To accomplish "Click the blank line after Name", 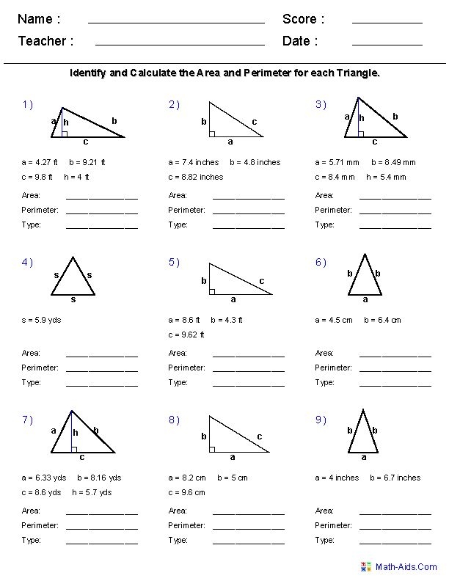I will [x=176, y=23].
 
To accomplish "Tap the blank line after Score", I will [x=387, y=23].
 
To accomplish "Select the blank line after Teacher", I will [x=180, y=45].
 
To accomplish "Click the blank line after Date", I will [x=387, y=45].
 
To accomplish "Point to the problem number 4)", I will [x=27, y=262].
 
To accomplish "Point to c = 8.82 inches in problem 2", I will [x=195, y=177].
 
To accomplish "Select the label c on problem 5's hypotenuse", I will [x=261, y=281].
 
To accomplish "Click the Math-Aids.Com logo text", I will [x=406, y=567].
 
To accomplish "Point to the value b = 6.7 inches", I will [x=395, y=478].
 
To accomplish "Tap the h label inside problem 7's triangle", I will [x=75, y=433].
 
